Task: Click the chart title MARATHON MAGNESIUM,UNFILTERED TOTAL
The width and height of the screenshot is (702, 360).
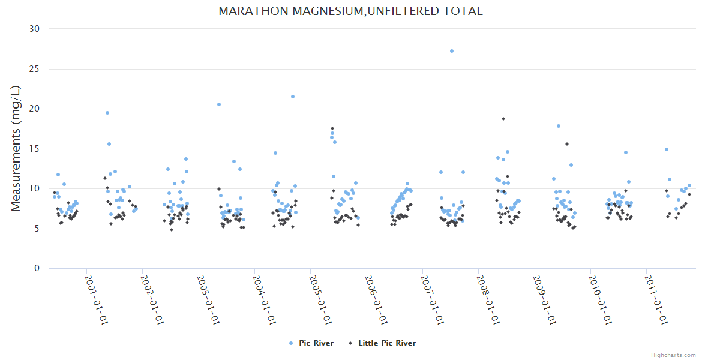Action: click(x=350, y=11)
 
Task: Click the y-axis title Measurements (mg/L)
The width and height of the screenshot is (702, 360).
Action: click(x=17, y=148)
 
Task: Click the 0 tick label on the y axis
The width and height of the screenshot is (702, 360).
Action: click(x=37, y=269)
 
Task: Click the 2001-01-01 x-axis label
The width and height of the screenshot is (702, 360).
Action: click(x=96, y=300)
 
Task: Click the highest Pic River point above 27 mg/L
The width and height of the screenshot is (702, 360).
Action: click(x=452, y=51)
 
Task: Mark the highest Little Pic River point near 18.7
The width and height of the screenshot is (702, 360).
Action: click(x=503, y=119)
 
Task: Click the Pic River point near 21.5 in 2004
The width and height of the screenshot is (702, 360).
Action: click(x=293, y=97)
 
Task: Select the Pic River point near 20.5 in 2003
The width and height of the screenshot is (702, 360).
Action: click(x=219, y=104)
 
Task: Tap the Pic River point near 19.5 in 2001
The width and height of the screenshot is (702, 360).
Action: click(x=107, y=113)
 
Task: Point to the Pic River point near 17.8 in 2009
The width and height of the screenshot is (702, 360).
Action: click(x=559, y=126)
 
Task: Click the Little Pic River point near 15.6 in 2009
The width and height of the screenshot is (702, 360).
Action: click(x=566, y=144)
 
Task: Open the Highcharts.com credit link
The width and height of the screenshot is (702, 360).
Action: click(x=673, y=355)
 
